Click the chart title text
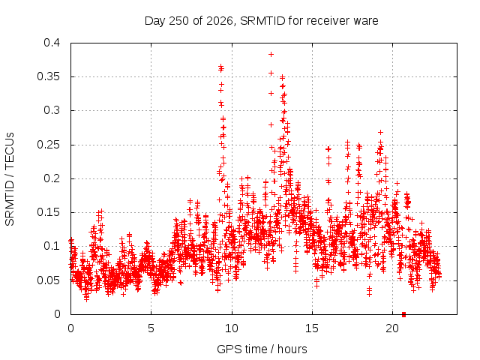262,21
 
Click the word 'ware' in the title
365,22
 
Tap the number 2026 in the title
220,21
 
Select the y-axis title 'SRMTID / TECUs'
10,179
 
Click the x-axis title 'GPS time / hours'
262,349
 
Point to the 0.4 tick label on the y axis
52,43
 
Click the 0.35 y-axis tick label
49,76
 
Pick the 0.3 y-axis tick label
52,110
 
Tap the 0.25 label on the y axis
49,145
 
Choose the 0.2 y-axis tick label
52,178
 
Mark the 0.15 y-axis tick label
49,212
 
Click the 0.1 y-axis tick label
52,246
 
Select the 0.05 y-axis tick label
49,280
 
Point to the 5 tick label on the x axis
151,328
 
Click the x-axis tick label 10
232,328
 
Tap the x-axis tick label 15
312,328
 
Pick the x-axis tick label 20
392,328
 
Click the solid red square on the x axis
403,314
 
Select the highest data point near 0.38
271,55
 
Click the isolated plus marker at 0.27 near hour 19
380,132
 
